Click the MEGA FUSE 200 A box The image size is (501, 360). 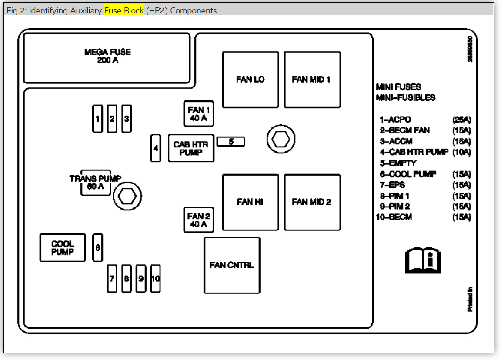click(x=107, y=57)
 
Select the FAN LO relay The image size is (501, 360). click(x=250, y=80)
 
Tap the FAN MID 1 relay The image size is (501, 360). click(x=312, y=80)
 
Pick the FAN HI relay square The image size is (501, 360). click(x=250, y=202)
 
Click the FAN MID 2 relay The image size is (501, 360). click(x=312, y=202)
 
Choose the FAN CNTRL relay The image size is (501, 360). click(x=232, y=265)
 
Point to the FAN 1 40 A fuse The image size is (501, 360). click(x=198, y=113)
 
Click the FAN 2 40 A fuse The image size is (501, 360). click(x=198, y=220)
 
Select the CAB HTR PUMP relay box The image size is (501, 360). click(x=191, y=148)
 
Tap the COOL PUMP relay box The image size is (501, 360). click(x=63, y=248)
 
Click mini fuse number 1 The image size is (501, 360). click(x=97, y=118)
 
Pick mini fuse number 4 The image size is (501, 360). click(x=156, y=148)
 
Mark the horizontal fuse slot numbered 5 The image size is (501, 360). click(x=231, y=142)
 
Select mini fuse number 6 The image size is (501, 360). click(x=98, y=248)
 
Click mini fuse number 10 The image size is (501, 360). click(x=155, y=279)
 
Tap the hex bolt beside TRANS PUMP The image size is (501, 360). click(x=127, y=197)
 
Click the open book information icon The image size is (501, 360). click(x=423, y=261)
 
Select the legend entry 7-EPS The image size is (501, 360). click(x=392, y=185)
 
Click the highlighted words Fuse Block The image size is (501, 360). click(x=124, y=10)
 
